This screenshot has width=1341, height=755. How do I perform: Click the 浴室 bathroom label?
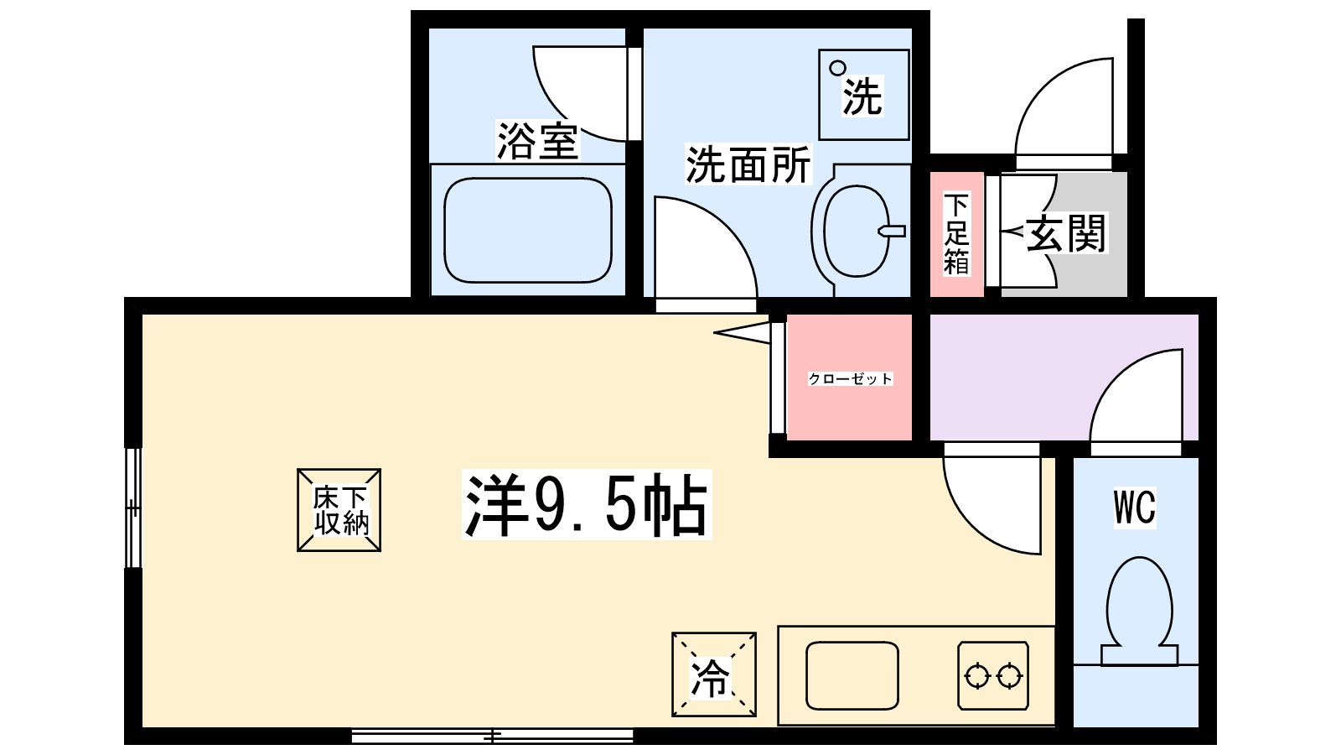tap(537, 141)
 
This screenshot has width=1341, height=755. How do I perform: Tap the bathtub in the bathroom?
tap(527, 230)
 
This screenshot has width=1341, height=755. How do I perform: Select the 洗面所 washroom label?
tap(748, 164)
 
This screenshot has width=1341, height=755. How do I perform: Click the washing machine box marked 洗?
tap(864, 95)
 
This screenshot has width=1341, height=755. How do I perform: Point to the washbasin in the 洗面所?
tap(858, 231)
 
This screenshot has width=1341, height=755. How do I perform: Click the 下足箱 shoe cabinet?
tap(956, 234)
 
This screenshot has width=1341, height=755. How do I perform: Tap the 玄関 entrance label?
tap(1065, 233)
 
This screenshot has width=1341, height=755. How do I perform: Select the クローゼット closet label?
tap(850, 378)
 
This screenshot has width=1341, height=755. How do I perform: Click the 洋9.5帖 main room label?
tap(587, 504)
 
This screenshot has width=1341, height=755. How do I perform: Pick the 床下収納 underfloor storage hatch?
tap(339, 510)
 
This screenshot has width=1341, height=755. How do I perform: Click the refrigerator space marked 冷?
tap(713, 674)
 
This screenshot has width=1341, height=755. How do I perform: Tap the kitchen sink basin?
tap(852, 675)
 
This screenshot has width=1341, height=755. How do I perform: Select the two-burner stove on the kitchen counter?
tap(993, 676)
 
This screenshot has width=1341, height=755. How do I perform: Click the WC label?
tap(1135, 508)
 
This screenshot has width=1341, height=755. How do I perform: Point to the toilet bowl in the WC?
tap(1139, 612)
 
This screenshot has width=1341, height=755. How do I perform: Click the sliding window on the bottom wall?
tap(492, 736)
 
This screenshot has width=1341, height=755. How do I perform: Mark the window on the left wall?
tap(133, 508)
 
